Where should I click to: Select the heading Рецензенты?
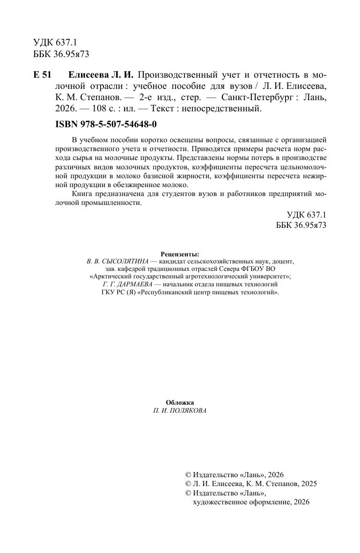[x=180, y=254]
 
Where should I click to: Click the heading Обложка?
[x=180, y=402]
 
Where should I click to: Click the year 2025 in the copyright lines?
[x=308, y=484]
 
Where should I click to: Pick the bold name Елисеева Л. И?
[x=101, y=75]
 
